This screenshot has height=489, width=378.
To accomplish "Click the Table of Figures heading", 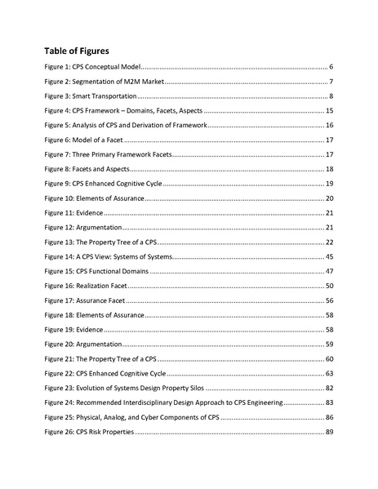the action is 82,51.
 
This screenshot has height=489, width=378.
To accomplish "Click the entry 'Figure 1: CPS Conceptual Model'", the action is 94,66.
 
